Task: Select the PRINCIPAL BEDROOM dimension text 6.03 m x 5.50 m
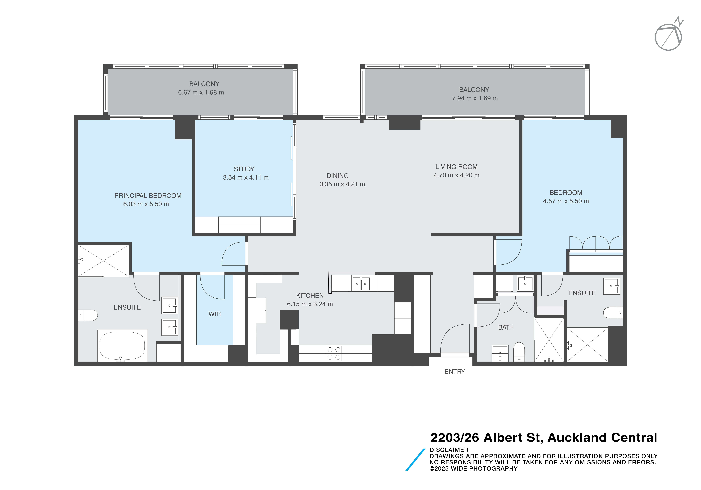[x=146, y=204]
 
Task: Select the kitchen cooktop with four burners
[x=334, y=353]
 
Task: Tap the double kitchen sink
[x=361, y=284]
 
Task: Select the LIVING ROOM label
[x=456, y=167]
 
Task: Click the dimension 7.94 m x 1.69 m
[x=475, y=98]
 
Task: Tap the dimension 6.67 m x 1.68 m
[x=201, y=92]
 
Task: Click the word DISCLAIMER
[x=448, y=450]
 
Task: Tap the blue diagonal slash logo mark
[x=415, y=459]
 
